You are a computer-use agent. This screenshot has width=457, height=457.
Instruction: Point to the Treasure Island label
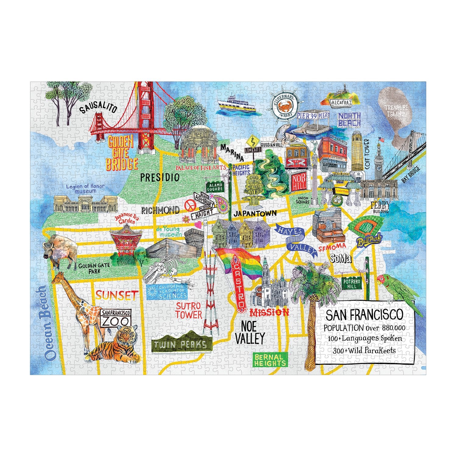coord(396,111)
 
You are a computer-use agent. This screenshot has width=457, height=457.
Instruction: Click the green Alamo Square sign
coord(215,187)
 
